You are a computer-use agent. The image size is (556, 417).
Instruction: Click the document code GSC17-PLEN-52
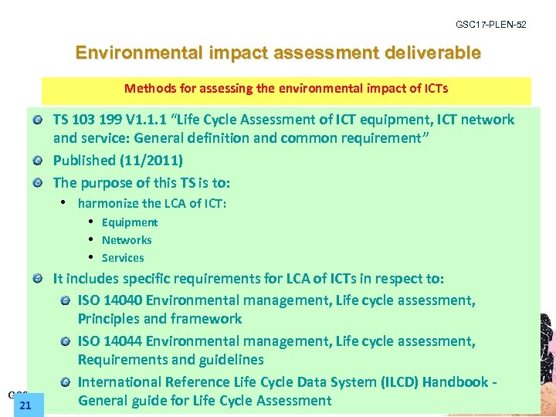[x=491, y=25]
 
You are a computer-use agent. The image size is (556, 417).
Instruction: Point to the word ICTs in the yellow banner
[x=432, y=88]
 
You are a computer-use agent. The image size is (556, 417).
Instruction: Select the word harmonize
[x=108, y=203]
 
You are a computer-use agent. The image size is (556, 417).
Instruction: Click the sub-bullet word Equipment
[x=130, y=222]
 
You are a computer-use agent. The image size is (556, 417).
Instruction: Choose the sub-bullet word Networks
[x=127, y=240]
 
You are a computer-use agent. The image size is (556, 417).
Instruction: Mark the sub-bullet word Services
[x=123, y=258]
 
